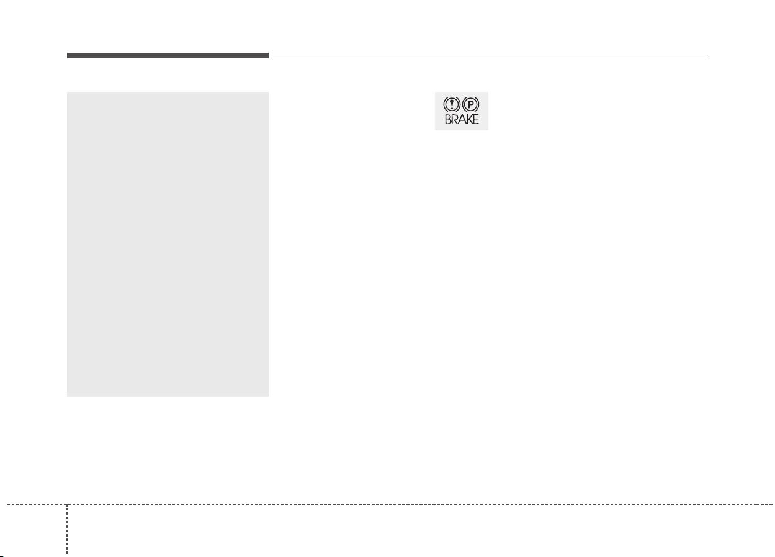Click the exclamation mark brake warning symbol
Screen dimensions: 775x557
coord(452,104)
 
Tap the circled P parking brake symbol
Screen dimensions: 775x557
coord(470,104)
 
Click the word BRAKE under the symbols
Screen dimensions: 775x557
coord(462,119)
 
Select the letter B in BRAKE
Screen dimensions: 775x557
coord(448,119)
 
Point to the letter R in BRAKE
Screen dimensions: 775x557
coord(455,119)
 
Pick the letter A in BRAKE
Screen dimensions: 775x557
coord(462,119)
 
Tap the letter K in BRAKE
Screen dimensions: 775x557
coord(469,119)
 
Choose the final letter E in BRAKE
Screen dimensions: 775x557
coord(476,119)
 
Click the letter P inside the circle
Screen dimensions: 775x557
coord(470,104)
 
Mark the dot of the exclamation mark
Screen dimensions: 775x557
coord(452,108)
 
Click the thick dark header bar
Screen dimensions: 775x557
coord(168,55)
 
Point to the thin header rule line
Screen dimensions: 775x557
coord(488,58)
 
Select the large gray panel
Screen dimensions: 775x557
coord(168,244)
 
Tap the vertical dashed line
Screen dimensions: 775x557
coord(67,529)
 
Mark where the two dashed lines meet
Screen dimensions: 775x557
coord(67,504)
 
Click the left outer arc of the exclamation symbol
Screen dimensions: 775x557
coord(444,104)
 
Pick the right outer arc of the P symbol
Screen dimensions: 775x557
coord(478,104)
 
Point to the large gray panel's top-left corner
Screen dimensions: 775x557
coord(67,92)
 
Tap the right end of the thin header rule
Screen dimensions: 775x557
coord(707,58)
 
